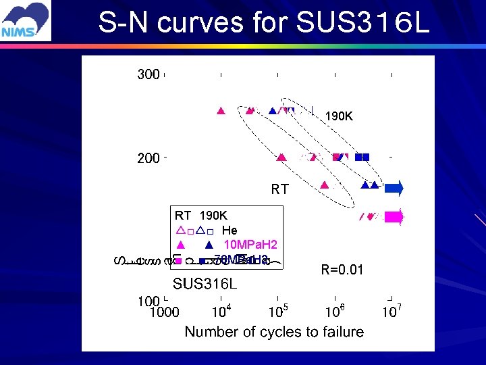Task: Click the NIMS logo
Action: click(x=26, y=21)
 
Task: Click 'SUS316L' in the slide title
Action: click(x=362, y=22)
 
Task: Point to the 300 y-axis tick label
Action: click(x=148, y=74)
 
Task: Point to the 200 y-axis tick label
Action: click(x=148, y=158)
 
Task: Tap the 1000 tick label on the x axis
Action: click(x=164, y=312)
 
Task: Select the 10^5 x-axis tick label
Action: click(x=277, y=312)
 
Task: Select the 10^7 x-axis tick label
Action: click(x=391, y=312)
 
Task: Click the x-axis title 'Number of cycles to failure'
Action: click(x=274, y=332)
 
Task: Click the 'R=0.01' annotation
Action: click(x=342, y=270)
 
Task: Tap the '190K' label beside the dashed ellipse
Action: click(x=339, y=116)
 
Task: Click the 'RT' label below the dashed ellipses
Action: click(x=280, y=190)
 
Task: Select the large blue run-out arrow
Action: click(x=395, y=187)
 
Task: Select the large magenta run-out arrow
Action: click(x=394, y=217)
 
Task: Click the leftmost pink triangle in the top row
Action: click(x=220, y=112)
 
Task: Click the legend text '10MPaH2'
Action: click(x=250, y=245)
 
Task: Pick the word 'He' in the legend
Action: click(x=230, y=230)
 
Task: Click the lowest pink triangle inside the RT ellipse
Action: click(x=324, y=185)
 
